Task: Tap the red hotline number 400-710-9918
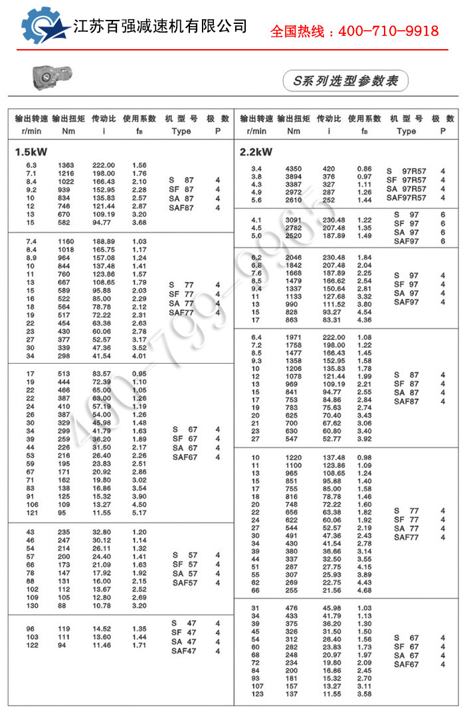[354, 31]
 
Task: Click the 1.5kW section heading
[31, 151]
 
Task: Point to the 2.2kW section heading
[256, 151]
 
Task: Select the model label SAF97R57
[407, 197]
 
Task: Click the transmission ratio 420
[329, 169]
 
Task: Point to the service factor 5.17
[139, 513]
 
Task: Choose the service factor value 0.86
[365, 169]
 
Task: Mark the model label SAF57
[185, 583]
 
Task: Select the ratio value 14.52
[102, 629]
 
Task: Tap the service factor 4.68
[365, 590]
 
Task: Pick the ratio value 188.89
[103, 242]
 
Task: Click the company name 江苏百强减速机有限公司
[160, 27]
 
